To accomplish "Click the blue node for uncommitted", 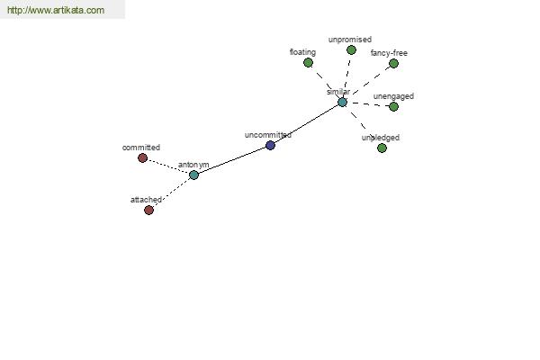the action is pyautogui.click(x=270, y=146).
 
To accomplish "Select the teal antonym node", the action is pyautogui.click(x=193, y=175).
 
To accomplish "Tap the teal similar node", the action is pyautogui.click(x=342, y=103).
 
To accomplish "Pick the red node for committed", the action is pyautogui.click(x=142, y=158).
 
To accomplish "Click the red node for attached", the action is pyautogui.click(x=148, y=210).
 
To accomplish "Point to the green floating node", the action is pyautogui.click(x=308, y=63).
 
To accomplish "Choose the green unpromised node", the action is pyautogui.click(x=351, y=50).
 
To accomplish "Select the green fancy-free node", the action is pyautogui.click(x=393, y=63).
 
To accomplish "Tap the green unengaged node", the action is pyautogui.click(x=393, y=107).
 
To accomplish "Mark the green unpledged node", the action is pyautogui.click(x=382, y=148).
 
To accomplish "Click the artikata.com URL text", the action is pyautogui.click(x=56, y=10).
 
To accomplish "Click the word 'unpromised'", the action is pyautogui.click(x=350, y=40).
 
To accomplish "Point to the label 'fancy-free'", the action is pyautogui.click(x=389, y=53).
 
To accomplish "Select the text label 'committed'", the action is pyautogui.click(x=141, y=148).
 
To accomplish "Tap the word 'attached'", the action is pyautogui.click(x=146, y=200).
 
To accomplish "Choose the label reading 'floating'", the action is pyautogui.click(x=302, y=52).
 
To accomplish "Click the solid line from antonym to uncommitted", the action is pyautogui.click(x=232, y=160).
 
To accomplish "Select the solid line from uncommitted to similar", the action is pyautogui.click(x=307, y=124).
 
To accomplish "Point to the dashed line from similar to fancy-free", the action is pyautogui.click(x=371, y=81).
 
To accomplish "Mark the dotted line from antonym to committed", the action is pyautogui.click(x=168, y=166).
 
